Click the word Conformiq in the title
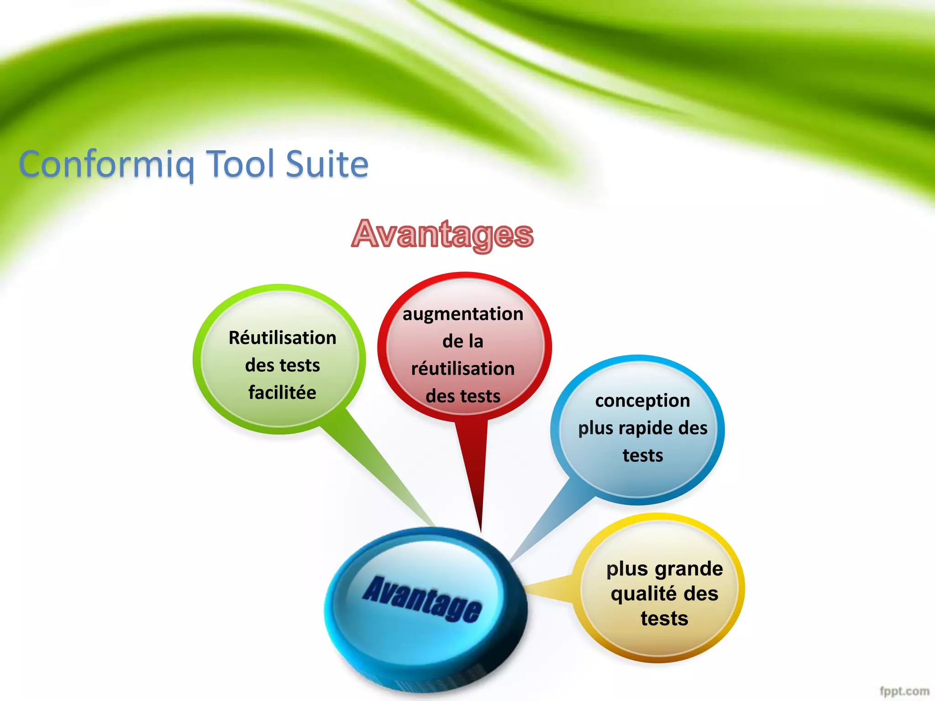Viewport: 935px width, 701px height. tap(106, 164)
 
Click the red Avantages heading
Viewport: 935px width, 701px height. tap(442, 234)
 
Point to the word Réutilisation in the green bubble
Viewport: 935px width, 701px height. tap(283, 338)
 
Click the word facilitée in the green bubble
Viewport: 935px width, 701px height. tap(282, 392)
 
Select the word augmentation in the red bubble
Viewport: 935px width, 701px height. tap(463, 314)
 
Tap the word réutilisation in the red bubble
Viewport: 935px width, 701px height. tap(463, 369)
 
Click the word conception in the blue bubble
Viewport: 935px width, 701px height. tap(642, 401)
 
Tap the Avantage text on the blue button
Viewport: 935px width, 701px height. tap(422, 599)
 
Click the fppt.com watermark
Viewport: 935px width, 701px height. tap(904, 691)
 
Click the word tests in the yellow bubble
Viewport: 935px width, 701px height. tap(664, 618)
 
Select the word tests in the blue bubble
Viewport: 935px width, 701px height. tap(643, 455)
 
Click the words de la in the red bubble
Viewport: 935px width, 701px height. tap(463, 341)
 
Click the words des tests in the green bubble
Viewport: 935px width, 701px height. tap(283, 365)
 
